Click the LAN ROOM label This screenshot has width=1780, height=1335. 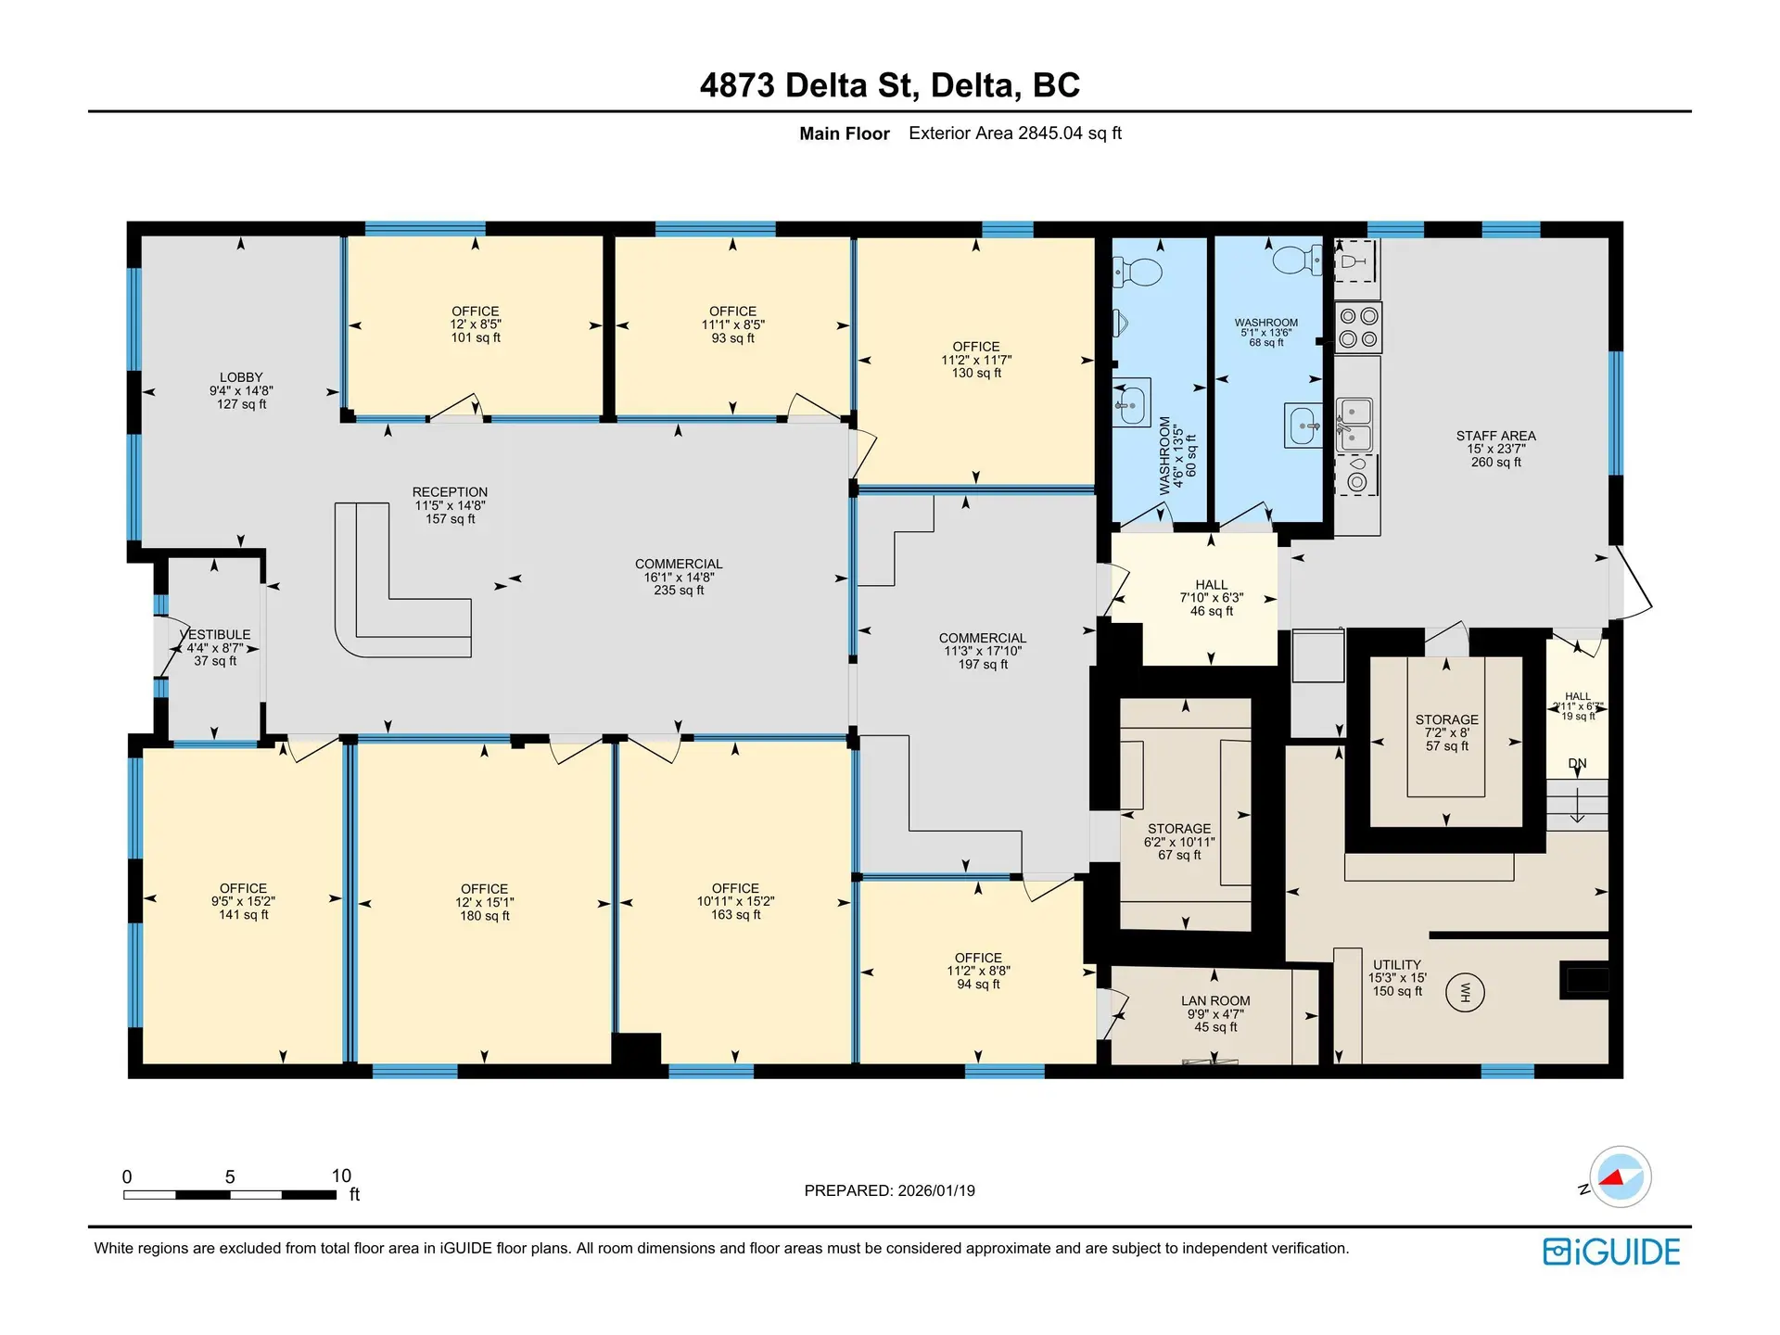[x=1215, y=1001]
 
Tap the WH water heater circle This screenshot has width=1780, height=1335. [x=1465, y=993]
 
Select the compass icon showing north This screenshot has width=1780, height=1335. [x=1620, y=1176]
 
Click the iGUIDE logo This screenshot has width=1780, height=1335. [x=1611, y=1252]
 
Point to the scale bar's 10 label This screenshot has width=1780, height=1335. [x=341, y=1176]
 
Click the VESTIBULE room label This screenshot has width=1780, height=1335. [x=219, y=635]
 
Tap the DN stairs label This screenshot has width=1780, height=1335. [x=1577, y=764]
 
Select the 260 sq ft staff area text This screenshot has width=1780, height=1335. [x=1495, y=462]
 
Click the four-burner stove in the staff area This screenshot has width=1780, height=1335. [x=1358, y=327]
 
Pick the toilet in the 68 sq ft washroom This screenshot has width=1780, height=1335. [x=1298, y=260]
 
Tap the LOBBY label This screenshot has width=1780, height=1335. [x=241, y=377]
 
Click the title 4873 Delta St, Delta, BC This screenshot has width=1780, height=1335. [x=889, y=85]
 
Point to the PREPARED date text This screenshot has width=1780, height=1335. [x=889, y=1190]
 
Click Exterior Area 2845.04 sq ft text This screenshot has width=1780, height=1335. [x=1014, y=133]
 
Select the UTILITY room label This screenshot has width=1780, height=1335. [x=1396, y=965]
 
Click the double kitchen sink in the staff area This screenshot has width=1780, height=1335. [x=1354, y=424]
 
